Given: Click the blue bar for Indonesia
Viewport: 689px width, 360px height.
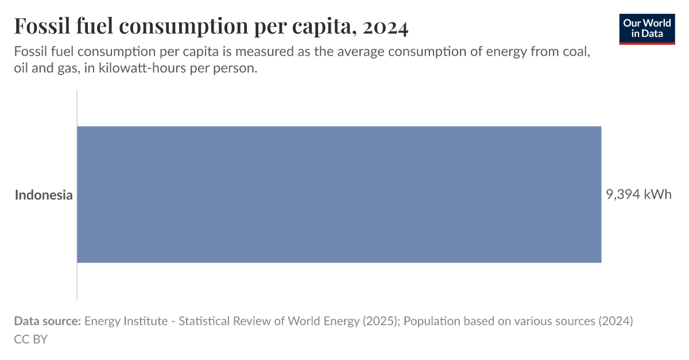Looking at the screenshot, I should click(339, 195).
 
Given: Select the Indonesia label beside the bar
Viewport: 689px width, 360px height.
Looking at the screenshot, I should click(44, 195).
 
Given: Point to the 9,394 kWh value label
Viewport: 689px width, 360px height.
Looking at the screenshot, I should click(638, 195).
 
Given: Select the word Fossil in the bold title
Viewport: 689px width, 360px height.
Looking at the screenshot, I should click(39, 27).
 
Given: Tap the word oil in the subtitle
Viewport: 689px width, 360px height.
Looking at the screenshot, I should click(21, 68).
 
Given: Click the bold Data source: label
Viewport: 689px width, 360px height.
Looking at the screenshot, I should click(48, 321).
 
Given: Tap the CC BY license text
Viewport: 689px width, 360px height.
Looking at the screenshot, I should click(31, 339).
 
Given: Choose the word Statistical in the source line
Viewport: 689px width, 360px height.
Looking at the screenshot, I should click(204, 321).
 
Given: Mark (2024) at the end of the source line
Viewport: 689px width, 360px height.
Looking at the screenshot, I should click(616, 321).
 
